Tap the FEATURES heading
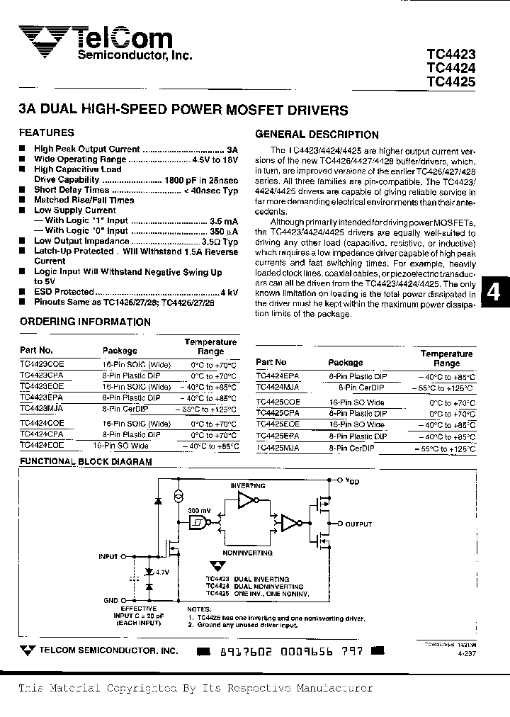(x=46, y=132)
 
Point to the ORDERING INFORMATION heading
(x=85, y=322)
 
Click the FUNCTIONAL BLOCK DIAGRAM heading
(x=86, y=461)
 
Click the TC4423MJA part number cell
(x=42, y=409)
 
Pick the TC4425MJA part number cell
(x=278, y=449)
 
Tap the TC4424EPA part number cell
(x=278, y=377)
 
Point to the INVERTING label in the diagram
(x=248, y=486)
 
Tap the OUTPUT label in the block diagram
(x=358, y=524)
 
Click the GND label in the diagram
(x=110, y=600)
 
